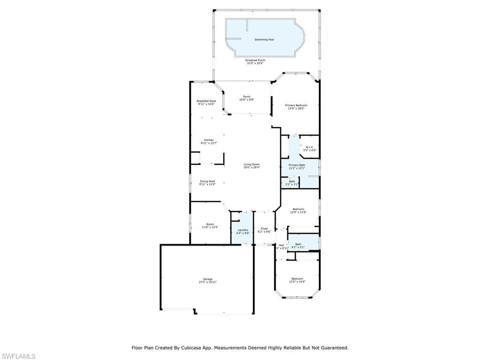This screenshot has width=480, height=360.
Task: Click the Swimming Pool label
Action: click(x=264, y=40)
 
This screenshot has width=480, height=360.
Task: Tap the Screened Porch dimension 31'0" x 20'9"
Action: click(x=255, y=63)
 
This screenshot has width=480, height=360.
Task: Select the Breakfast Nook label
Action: click(x=206, y=101)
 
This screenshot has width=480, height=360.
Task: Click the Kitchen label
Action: click(x=209, y=140)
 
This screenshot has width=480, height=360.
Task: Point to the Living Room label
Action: click(x=252, y=164)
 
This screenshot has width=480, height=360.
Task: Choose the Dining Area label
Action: click(x=207, y=181)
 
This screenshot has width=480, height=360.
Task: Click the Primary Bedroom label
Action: click(x=296, y=105)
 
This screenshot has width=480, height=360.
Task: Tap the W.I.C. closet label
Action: click(x=309, y=147)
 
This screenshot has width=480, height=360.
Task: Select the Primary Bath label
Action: click(x=297, y=165)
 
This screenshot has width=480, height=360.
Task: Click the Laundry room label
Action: click(x=243, y=230)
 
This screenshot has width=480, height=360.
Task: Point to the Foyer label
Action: click(x=264, y=229)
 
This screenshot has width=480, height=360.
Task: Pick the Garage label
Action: click(x=208, y=279)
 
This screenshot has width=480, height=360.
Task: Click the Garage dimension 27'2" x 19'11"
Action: click(x=208, y=283)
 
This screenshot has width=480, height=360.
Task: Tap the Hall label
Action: click(x=281, y=245)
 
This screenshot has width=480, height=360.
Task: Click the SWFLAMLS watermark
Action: click(x=18, y=357)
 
